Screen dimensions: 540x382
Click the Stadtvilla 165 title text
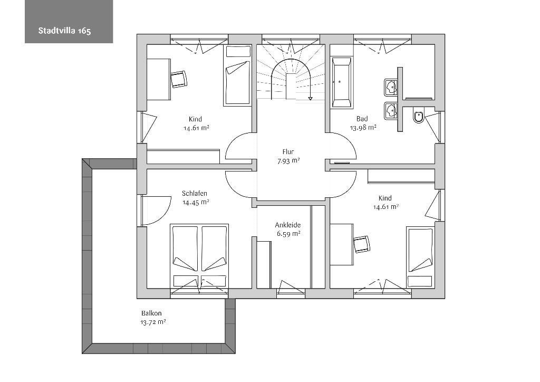click(64, 31)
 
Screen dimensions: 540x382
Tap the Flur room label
click(288, 151)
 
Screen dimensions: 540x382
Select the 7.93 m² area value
click(288, 160)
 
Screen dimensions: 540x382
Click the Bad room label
click(362, 119)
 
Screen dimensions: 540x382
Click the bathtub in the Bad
click(341, 82)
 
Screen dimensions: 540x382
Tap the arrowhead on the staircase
click(310, 99)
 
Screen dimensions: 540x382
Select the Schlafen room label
click(195, 193)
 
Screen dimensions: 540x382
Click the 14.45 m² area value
click(196, 202)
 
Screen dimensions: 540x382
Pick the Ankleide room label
click(288, 225)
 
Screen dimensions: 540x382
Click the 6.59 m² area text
click(288, 234)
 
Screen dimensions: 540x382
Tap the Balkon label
click(151, 313)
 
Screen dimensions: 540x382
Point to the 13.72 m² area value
click(153, 322)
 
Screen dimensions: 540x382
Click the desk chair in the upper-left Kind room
click(179, 79)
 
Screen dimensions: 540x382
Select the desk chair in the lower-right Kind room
click(362, 244)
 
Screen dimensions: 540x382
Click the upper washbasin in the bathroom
click(391, 87)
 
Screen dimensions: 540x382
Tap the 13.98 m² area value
click(363, 128)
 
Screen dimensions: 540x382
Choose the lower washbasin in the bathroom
click(391, 111)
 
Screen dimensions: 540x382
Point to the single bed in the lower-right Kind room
click(420, 257)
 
